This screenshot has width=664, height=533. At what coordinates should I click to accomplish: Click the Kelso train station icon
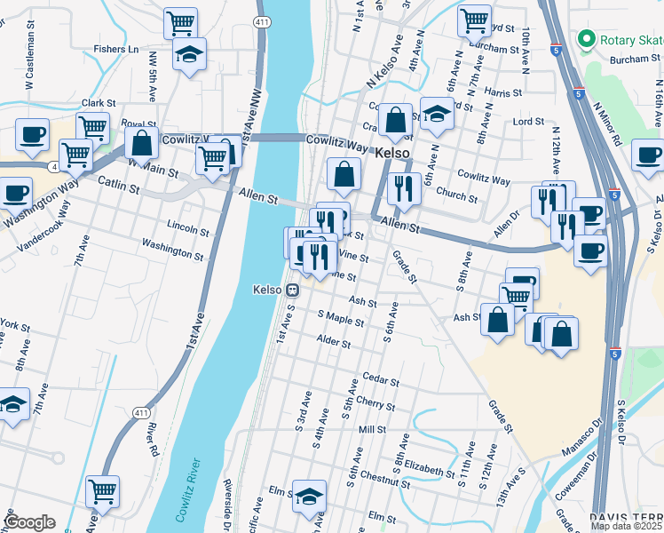pos(291,290)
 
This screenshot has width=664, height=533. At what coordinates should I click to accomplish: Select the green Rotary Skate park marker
pos(586,39)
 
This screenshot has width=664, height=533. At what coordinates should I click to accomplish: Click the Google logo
pos(29,522)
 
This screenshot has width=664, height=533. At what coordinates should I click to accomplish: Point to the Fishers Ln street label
pos(117,50)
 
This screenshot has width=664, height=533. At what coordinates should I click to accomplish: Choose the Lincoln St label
pos(187,233)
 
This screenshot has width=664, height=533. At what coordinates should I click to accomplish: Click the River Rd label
pos(154,438)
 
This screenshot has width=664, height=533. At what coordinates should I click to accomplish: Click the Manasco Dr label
pos(581,444)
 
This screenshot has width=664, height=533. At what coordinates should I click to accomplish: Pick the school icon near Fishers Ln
pos(188,55)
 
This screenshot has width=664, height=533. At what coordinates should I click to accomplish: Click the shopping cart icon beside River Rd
pos(103,489)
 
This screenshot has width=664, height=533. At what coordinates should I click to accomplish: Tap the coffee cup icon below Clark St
pos(32,135)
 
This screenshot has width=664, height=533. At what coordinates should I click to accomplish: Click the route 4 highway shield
pos(55,166)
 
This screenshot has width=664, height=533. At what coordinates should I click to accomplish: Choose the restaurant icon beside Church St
pos(404,187)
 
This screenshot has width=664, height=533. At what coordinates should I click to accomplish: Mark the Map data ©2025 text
pos(627,526)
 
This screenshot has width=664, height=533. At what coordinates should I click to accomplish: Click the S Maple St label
pos(340,317)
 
